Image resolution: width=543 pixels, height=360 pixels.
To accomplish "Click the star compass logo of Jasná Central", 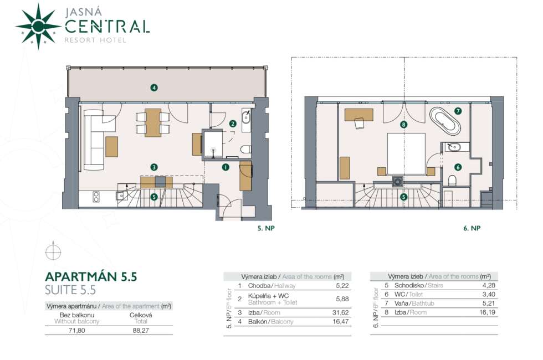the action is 38,27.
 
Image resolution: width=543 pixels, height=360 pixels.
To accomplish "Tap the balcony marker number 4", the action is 154,88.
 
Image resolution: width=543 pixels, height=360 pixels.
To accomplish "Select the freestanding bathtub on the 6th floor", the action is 445,121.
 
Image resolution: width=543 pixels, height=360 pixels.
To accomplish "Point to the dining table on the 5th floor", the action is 153,122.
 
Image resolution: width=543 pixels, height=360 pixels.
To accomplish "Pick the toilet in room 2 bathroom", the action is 246,150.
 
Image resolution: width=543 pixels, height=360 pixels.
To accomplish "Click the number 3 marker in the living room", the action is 154,167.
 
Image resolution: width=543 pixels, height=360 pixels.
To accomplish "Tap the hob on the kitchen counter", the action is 96,197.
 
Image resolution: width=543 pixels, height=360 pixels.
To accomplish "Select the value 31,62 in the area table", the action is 340,312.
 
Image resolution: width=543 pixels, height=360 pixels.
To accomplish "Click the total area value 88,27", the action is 141,331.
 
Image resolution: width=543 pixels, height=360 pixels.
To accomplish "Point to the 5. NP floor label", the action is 266,228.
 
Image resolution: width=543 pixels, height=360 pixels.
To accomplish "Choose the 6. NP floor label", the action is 472,228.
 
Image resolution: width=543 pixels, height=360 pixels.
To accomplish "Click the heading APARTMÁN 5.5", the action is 91,276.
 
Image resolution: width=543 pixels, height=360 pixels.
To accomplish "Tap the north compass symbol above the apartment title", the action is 53,251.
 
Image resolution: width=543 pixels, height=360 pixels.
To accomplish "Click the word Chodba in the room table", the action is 259,286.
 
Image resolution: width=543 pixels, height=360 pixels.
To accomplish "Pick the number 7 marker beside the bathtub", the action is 458,111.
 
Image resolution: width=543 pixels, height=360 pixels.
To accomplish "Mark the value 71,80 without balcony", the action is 76,331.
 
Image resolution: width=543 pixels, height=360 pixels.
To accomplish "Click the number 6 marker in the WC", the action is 458,167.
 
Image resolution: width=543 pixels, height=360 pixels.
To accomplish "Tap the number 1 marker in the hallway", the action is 226,167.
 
